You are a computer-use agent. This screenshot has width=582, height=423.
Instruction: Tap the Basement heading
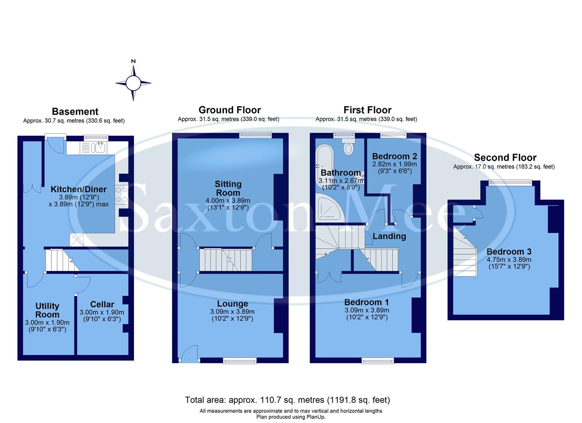point(75,112)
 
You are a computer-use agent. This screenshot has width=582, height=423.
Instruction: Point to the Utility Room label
point(47,310)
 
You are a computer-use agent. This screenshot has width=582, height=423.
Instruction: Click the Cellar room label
point(102,304)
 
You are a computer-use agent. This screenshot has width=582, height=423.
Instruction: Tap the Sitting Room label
point(228,188)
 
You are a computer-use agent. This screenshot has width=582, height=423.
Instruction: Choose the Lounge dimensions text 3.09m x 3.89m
point(232,312)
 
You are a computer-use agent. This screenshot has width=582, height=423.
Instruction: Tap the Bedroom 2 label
point(394,156)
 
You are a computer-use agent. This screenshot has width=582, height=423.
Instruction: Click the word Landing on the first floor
point(389,236)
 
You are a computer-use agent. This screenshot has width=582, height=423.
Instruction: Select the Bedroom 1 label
point(366,302)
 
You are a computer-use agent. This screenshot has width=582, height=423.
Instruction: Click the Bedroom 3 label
point(509,252)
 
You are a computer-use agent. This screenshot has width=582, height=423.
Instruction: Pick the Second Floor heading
point(505,158)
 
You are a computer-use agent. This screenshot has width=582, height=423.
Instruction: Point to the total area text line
point(287,400)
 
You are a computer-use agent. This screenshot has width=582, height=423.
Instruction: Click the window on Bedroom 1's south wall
point(377,361)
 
